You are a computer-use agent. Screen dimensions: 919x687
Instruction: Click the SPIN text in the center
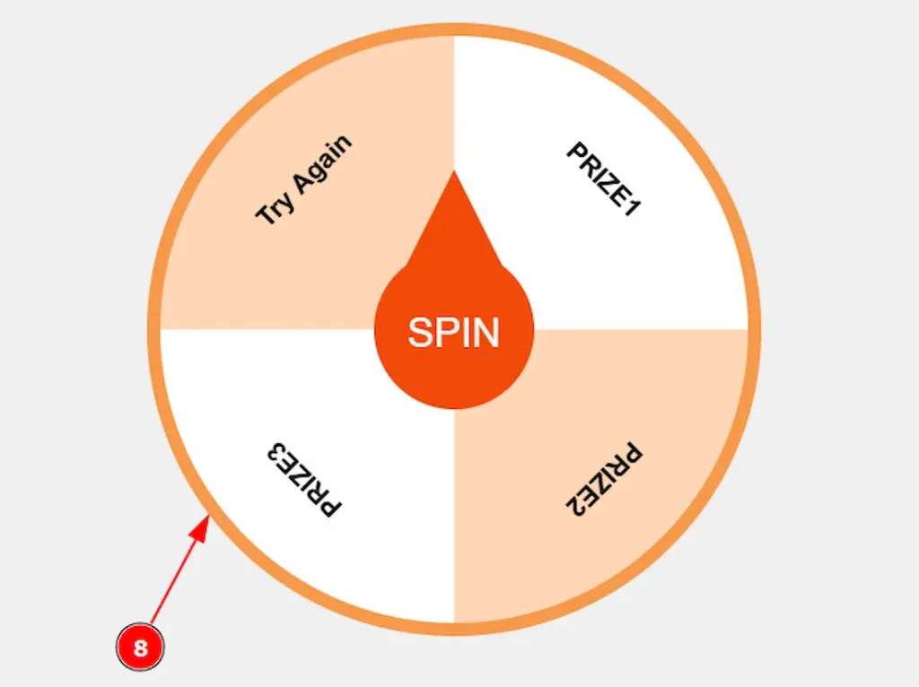pyautogui.click(x=453, y=332)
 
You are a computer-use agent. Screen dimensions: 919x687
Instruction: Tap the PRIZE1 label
pyautogui.click(x=604, y=178)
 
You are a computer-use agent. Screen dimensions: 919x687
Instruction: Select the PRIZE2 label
pyautogui.click(x=604, y=480)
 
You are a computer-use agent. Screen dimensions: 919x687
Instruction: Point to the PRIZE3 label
pyautogui.click(x=303, y=480)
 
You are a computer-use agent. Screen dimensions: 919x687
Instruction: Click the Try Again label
pyautogui.click(x=304, y=179)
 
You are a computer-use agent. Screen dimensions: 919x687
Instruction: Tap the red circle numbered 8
pyautogui.click(x=140, y=648)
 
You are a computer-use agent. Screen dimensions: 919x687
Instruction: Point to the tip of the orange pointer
pyautogui.click(x=453, y=170)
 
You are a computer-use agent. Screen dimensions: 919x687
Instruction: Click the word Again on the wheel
pyautogui.click(x=323, y=164)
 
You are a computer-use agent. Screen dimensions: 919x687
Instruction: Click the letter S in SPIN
pyautogui.click(x=420, y=333)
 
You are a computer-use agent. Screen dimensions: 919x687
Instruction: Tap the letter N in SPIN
pyautogui.click(x=486, y=333)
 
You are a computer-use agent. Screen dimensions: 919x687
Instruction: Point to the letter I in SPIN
pyautogui.click(x=465, y=333)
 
